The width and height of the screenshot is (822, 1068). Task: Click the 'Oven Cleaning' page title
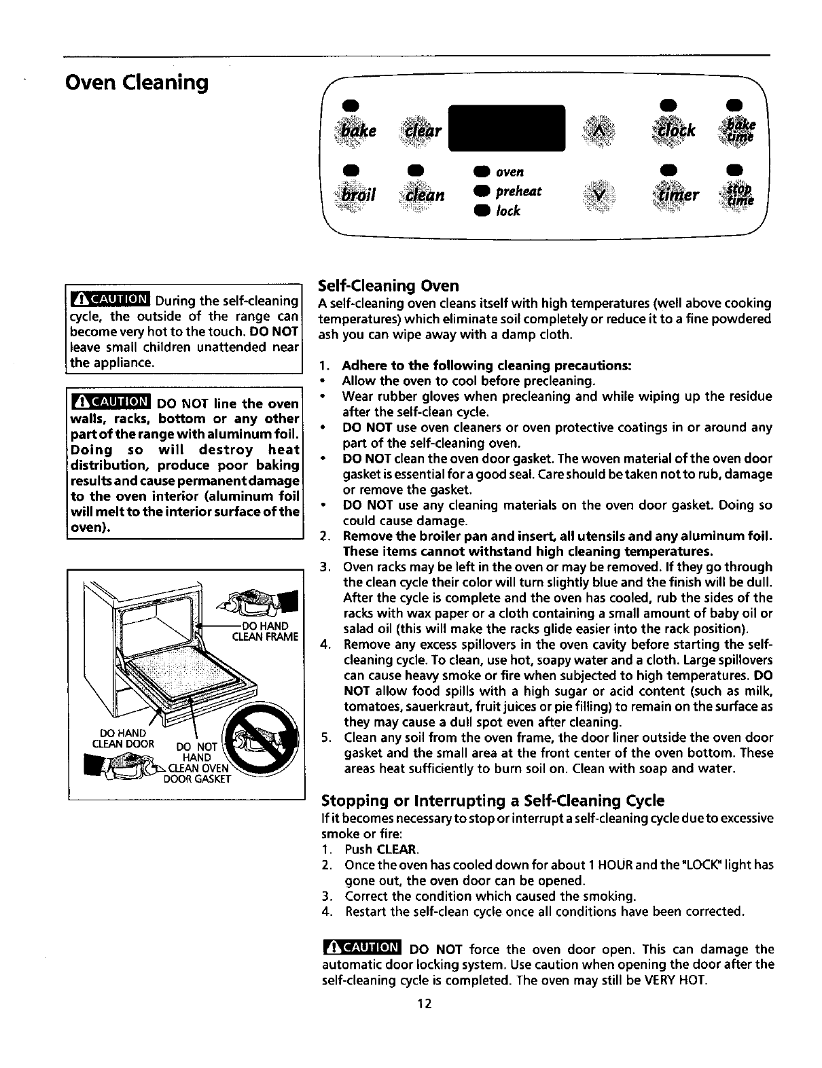point(136,83)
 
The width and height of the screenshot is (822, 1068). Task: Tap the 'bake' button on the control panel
point(359,130)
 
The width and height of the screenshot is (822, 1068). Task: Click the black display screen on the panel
point(507,128)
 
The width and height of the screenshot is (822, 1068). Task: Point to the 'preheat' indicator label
point(519,192)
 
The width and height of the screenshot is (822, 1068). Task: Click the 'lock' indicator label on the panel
point(508,211)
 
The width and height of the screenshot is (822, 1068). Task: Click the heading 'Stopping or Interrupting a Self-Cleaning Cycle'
point(493,800)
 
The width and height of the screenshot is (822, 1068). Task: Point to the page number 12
point(426,1004)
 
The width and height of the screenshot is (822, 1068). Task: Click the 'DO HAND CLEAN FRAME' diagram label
point(266,631)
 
